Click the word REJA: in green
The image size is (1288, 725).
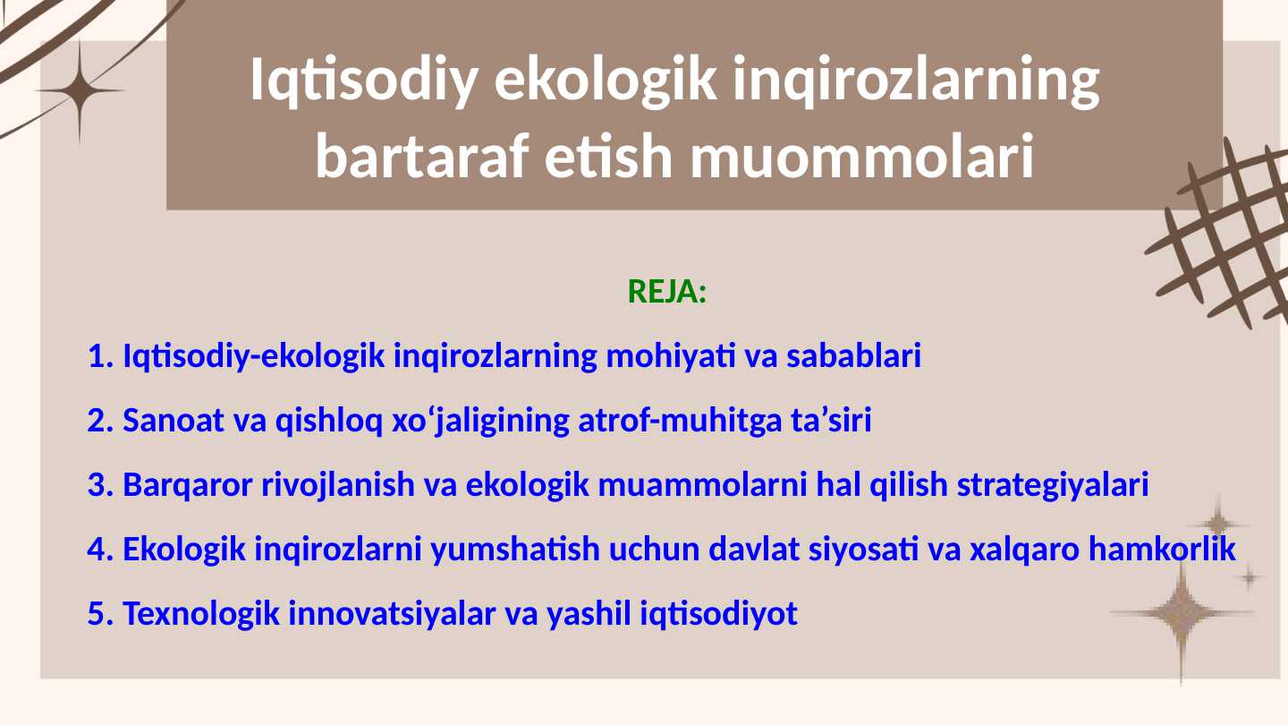pyautogui.click(x=667, y=292)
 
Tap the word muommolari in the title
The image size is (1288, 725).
pyautogui.click(x=862, y=157)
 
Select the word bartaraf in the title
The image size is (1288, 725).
pyautogui.click(x=422, y=157)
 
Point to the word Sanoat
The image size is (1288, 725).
pyautogui.click(x=174, y=420)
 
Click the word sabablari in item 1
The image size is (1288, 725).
pyautogui.click(x=854, y=355)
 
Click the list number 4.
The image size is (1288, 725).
pyautogui.click(x=100, y=549)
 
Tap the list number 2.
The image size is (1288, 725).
pyautogui.click(x=100, y=420)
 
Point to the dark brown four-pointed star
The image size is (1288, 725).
pyautogui.click(x=80, y=91)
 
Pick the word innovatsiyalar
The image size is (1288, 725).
pyautogui.click(x=392, y=613)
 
